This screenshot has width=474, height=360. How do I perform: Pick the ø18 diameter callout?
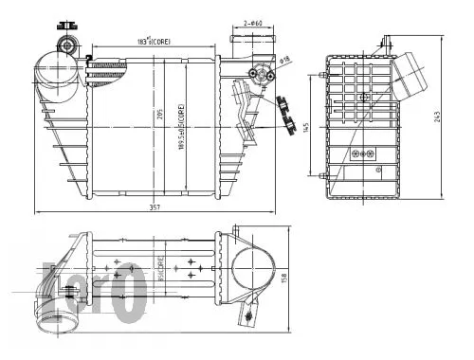tap(284, 59)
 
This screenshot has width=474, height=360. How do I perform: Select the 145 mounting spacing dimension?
tap(305, 127)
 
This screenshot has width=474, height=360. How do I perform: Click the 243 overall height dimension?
tap(438, 117)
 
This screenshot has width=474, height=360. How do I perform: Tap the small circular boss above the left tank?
tap(67, 45)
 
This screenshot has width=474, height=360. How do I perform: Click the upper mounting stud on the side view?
tap(385, 42)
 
